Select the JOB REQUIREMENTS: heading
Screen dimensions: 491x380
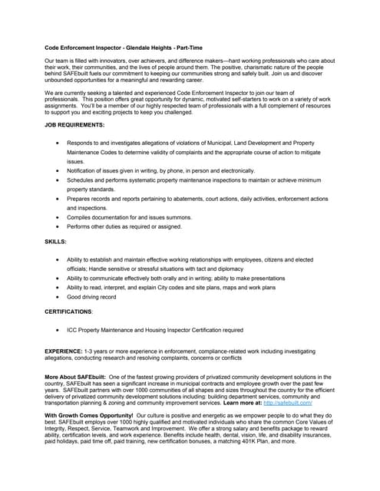click(x=74, y=124)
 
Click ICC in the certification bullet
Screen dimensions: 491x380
click(x=72, y=330)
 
